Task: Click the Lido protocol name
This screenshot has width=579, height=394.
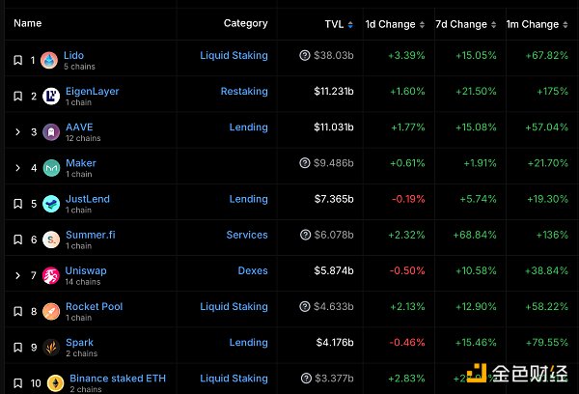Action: point(74,56)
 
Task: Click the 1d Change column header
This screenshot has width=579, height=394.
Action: point(390,24)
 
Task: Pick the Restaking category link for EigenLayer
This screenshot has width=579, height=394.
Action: point(244,92)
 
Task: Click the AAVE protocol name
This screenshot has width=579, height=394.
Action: point(79,127)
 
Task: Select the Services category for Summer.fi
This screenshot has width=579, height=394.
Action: point(247,235)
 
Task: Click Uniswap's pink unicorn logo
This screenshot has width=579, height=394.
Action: point(51,277)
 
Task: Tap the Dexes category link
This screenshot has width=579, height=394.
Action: point(253,270)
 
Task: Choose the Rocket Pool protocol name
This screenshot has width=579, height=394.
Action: point(94,306)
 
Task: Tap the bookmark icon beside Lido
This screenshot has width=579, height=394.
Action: point(18,60)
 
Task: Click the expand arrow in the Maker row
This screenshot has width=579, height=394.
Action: point(18,167)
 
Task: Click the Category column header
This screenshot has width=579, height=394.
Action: point(245,23)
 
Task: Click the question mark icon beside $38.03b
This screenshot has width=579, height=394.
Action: point(305,56)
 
